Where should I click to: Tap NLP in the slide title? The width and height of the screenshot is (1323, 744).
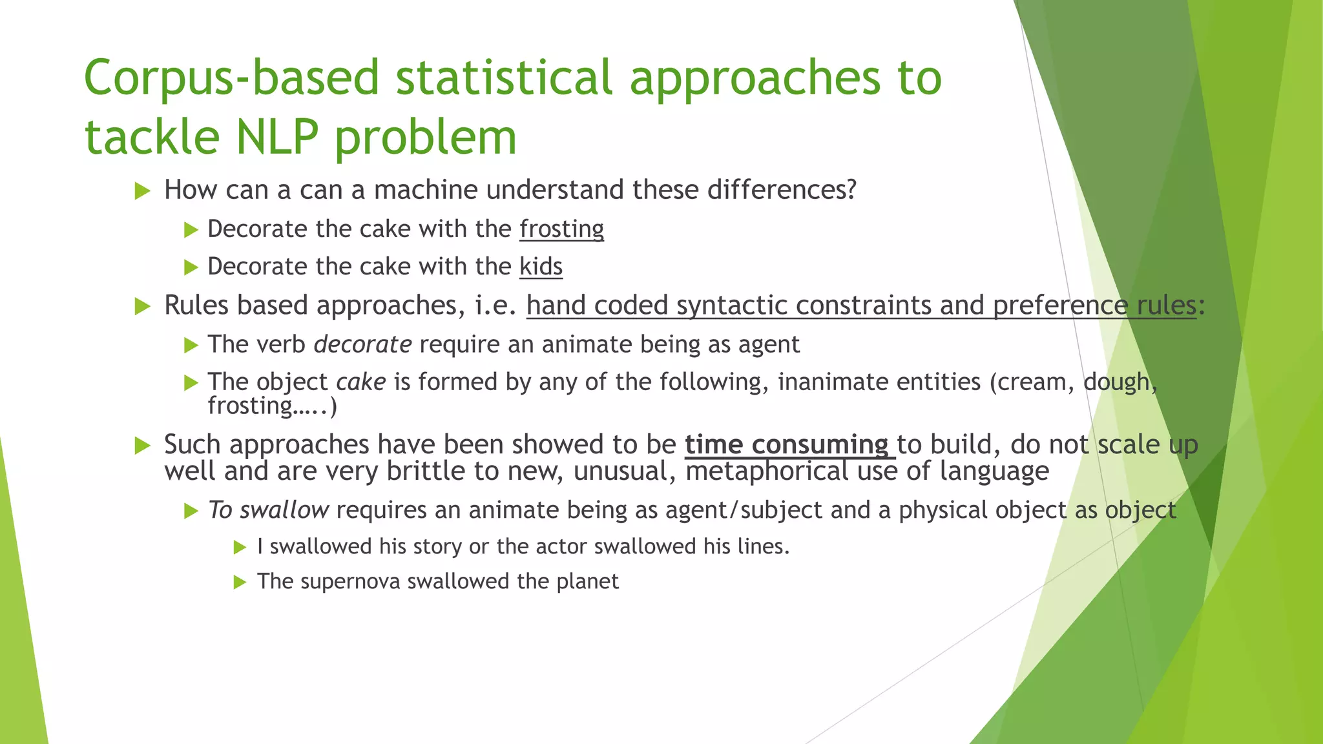pyautogui.click(x=277, y=138)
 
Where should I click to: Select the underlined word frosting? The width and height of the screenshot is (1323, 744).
pyautogui.click(x=561, y=229)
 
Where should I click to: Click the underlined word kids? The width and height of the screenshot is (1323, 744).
pyautogui.click(x=541, y=267)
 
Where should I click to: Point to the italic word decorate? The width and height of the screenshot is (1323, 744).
pyautogui.click(x=362, y=344)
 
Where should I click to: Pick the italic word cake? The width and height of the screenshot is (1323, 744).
pyautogui.click(x=361, y=382)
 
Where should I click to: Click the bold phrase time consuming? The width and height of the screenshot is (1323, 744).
pyautogui.click(x=787, y=445)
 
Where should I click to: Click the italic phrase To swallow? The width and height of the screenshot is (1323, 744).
pyautogui.click(x=268, y=510)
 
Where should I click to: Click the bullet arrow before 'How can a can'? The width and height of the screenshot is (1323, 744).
pyautogui.click(x=143, y=191)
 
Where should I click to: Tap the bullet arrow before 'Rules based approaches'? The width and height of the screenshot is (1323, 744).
pyautogui.click(x=143, y=306)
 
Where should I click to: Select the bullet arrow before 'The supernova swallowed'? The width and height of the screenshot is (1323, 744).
pyautogui.click(x=240, y=583)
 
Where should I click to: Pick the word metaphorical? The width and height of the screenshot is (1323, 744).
pyautogui.click(x=767, y=471)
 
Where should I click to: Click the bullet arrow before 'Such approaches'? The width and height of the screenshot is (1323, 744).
pyautogui.click(x=143, y=446)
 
